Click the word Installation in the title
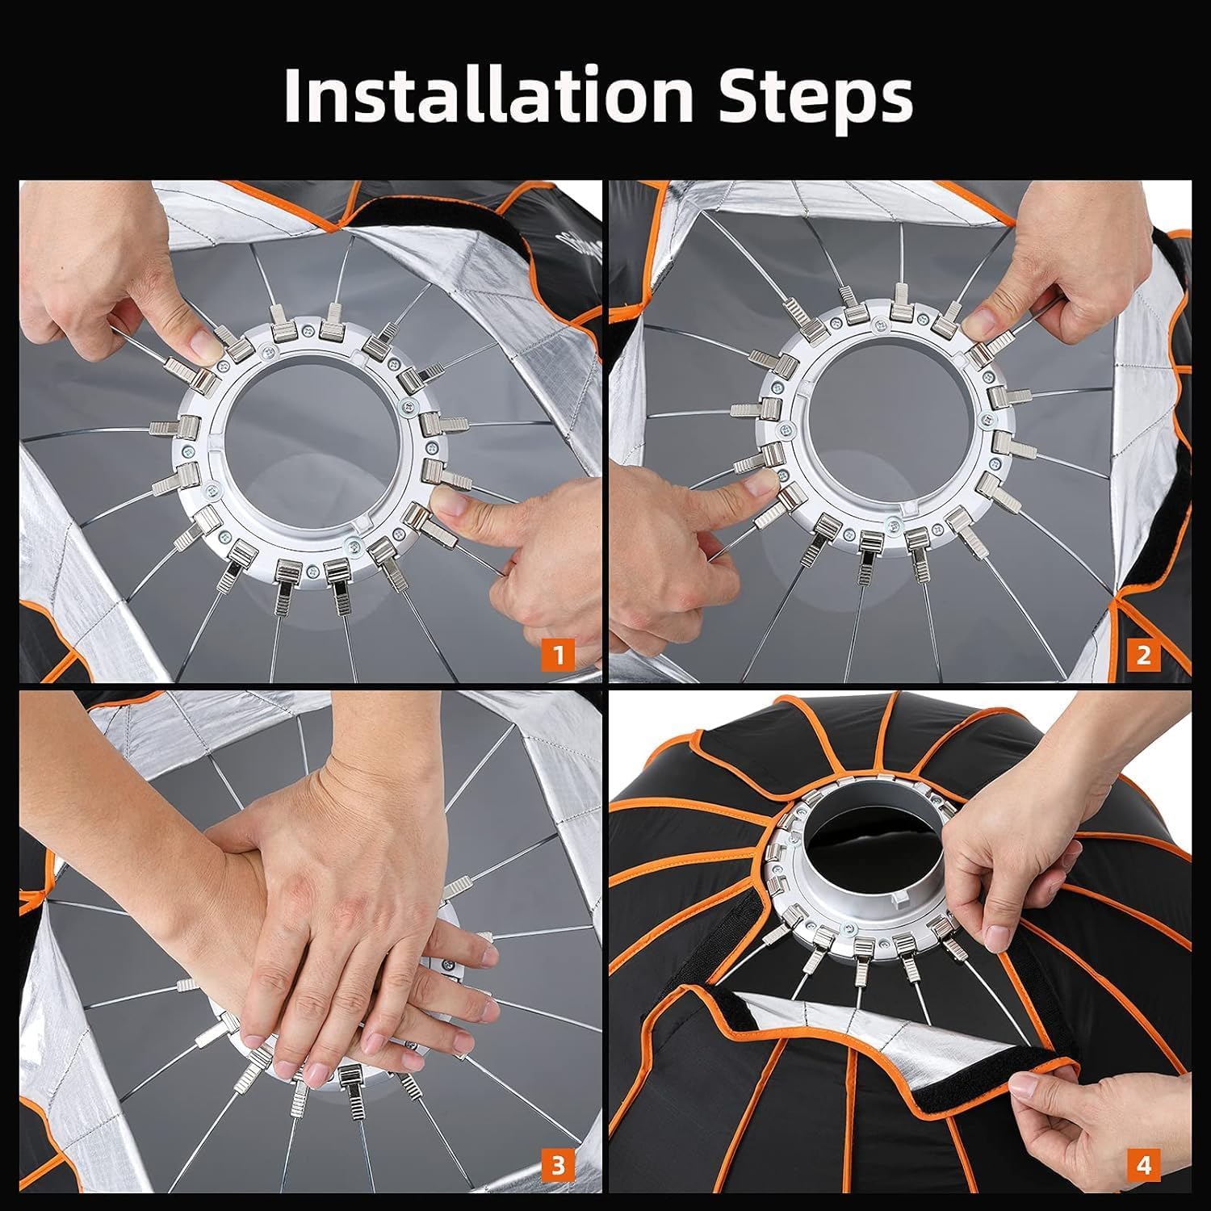tap(488, 95)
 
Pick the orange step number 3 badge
tap(559, 1165)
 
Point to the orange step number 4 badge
tap(1143, 1165)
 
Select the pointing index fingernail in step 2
tap(758, 483)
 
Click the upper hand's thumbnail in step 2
tap(979, 325)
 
